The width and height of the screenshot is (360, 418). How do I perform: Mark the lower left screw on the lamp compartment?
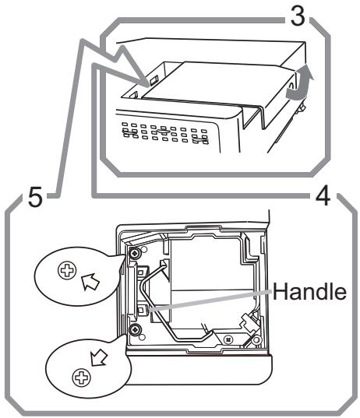click(x=137, y=331)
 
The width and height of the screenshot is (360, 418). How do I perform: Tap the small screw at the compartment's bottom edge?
click(x=227, y=339)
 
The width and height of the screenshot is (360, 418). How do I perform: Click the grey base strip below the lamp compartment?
click(x=195, y=362)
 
